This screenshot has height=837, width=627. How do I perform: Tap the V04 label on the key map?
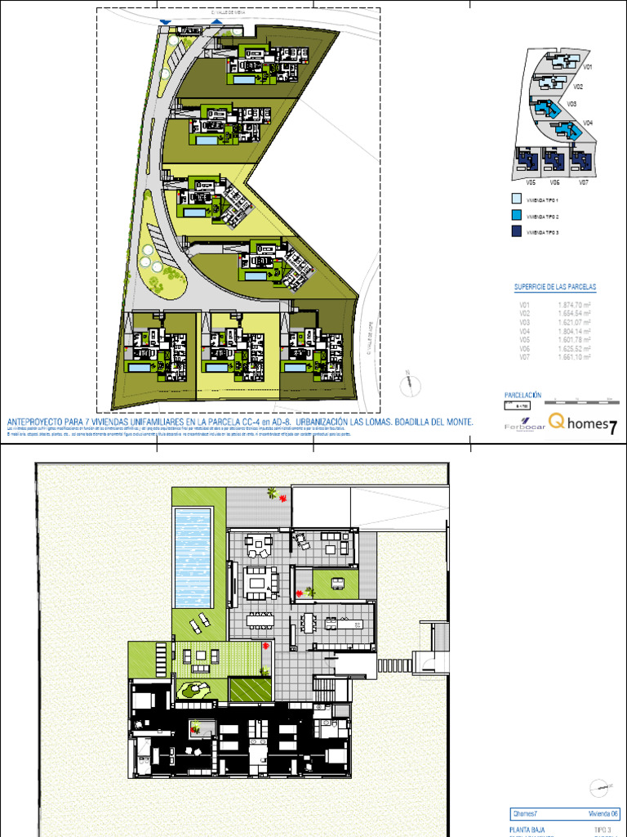tap(587, 123)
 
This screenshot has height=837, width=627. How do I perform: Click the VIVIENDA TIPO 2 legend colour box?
tap(516, 216)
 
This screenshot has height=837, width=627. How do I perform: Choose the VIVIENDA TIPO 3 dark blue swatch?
tap(516, 233)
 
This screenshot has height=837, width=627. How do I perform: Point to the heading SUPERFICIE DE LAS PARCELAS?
tap(555, 288)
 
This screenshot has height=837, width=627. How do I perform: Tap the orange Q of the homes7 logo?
tap(556, 421)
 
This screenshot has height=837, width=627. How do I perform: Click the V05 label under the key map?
tap(531, 182)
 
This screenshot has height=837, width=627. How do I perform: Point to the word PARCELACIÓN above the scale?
tap(523, 394)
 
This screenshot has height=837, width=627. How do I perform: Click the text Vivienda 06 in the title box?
tap(603, 814)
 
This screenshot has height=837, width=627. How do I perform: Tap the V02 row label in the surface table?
tap(525, 313)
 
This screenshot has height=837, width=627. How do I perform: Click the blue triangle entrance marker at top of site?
tap(167, 22)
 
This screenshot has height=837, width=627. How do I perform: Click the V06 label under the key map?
tap(554, 182)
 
